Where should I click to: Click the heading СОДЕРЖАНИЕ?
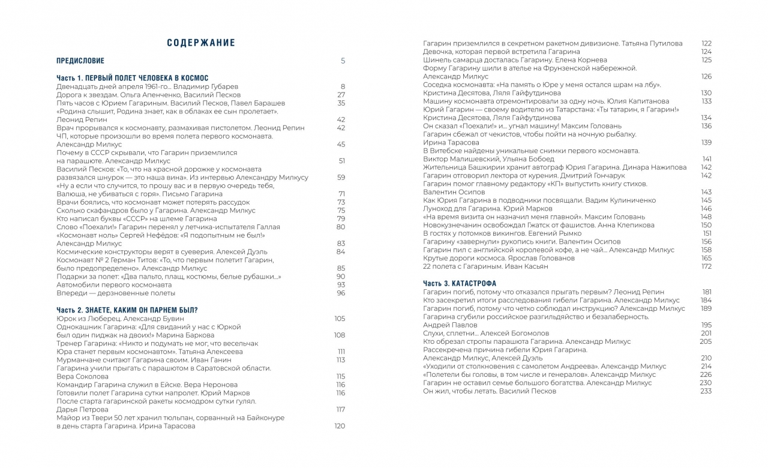click(x=201, y=43)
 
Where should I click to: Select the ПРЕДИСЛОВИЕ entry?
click(x=80, y=61)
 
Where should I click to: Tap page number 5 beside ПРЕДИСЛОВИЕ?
click(x=343, y=61)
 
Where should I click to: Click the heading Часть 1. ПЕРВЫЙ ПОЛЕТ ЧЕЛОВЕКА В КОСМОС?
click(x=132, y=78)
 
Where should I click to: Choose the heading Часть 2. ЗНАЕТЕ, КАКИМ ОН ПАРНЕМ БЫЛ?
click(x=127, y=310)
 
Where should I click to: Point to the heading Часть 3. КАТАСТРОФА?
click(x=460, y=283)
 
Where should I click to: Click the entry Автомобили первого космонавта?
click(x=114, y=284)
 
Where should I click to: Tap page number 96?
click(x=341, y=293)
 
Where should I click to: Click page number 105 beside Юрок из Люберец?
click(x=340, y=318)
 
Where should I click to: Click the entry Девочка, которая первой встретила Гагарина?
click(x=502, y=52)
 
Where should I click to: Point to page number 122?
click(x=706, y=43)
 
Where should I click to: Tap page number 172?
click(x=706, y=266)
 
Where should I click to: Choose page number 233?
click(x=706, y=391)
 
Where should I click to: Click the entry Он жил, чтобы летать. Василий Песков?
click(x=490, y=391)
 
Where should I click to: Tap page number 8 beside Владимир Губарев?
click(x=343, y=86)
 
